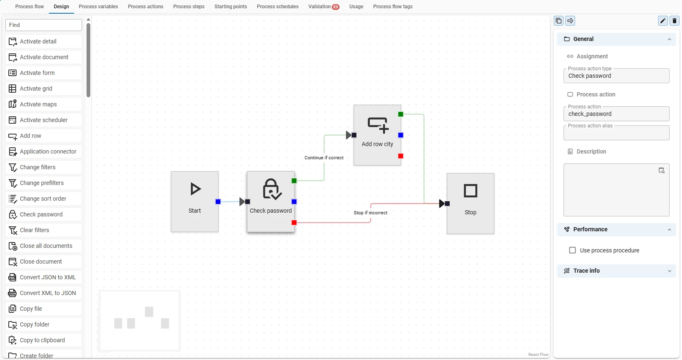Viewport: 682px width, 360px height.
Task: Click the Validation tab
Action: (x=323, y=7)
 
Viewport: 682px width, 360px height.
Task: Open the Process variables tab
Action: (x=98, y=7)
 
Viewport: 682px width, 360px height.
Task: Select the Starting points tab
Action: (x=230, y=7)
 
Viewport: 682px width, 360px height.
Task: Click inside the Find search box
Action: (x=43, y=25)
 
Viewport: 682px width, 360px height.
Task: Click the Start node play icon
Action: (x=195, y=189)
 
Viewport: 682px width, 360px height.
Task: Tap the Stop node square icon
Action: (x=470, y=191)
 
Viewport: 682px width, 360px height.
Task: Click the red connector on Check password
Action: (x=294, y=223)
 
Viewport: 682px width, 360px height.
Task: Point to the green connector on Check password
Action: (x=294, y=181)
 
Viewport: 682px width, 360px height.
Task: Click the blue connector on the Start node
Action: (x=218, y=202)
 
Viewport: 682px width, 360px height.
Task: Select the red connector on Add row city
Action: (x=401, y=156)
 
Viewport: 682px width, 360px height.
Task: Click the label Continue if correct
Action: (x=324, y=158)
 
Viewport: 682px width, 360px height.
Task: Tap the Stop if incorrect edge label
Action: (x=370, y=213)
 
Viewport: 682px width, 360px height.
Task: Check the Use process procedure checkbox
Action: (x=573, y=250)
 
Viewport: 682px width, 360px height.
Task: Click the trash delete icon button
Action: (x=675, y=21)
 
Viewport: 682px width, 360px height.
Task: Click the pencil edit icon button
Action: (x=663, y=21)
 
